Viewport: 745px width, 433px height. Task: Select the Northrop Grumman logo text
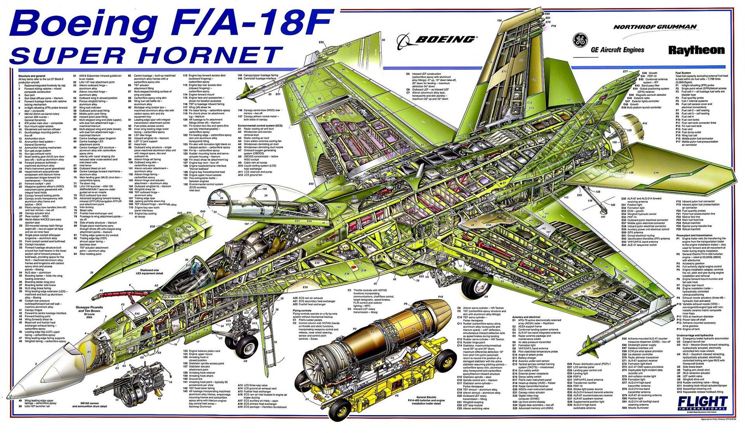click(x=655, y=27)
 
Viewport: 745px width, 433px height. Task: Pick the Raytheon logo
click(x=696, y=50)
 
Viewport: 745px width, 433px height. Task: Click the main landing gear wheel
click(x=475, y=286)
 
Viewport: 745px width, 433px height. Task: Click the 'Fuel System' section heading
click(x=683, y=73)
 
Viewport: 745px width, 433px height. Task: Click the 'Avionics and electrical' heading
click(x=526, y=317)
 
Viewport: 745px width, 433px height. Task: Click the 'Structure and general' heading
click(x=32, y=76)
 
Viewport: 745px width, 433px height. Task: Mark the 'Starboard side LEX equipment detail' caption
click(x=149, y=271)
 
